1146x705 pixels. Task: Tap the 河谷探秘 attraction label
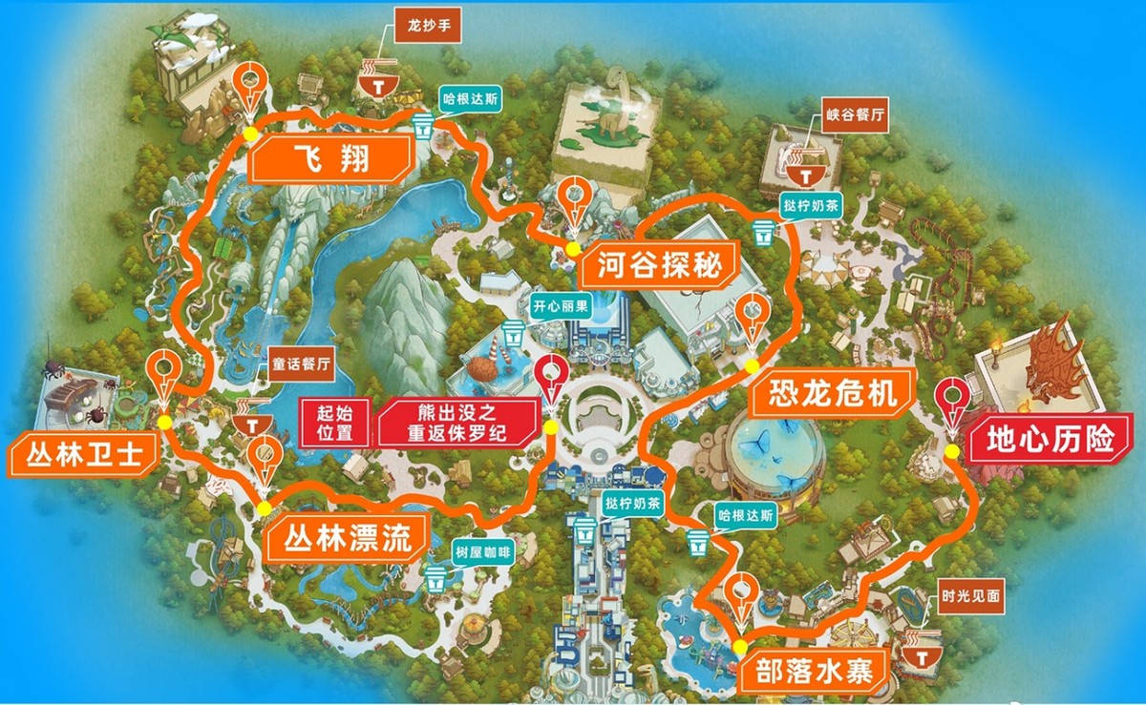pyautogui.click(x=659, y=264)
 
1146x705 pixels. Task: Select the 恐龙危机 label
pyautogui.click(x=825, y=392)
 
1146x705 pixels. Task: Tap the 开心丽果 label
pyautogui.click(x=562, y=308)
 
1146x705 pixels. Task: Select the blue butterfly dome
pyautogui.click(x=775, y=456)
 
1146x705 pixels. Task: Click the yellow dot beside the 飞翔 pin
pyautogui.click(x=250, y=134)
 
